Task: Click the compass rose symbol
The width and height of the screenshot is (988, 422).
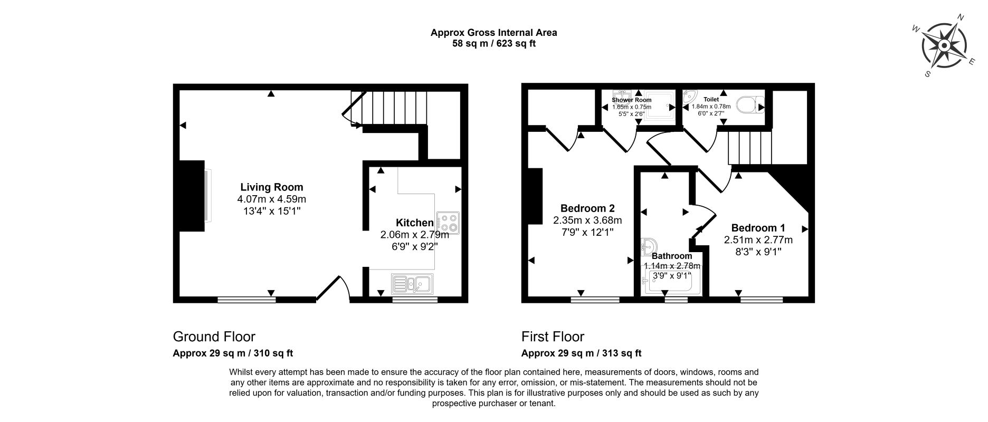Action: coord(944,45)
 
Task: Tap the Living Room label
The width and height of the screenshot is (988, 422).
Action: coord(272,187)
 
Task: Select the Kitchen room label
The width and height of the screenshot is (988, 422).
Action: coord(415,223)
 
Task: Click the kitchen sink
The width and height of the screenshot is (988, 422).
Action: coord(412,284)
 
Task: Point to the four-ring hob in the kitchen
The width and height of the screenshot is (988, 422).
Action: coord(448,223)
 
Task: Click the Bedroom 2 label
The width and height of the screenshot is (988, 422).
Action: coord(587,208)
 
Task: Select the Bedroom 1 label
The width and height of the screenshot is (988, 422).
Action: coord(758,228)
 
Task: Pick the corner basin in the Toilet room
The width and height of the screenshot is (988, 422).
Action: coord(689,97)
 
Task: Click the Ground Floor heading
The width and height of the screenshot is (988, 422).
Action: coord(214,337)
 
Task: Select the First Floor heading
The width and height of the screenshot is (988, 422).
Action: coord(553,337)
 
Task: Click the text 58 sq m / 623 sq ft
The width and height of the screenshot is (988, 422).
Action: coord(494,44)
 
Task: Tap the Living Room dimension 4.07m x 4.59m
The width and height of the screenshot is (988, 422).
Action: coord(272,199)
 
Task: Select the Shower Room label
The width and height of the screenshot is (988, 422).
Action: coord(632,100)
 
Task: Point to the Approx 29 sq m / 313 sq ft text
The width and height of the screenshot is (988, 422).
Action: coord(582,353)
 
